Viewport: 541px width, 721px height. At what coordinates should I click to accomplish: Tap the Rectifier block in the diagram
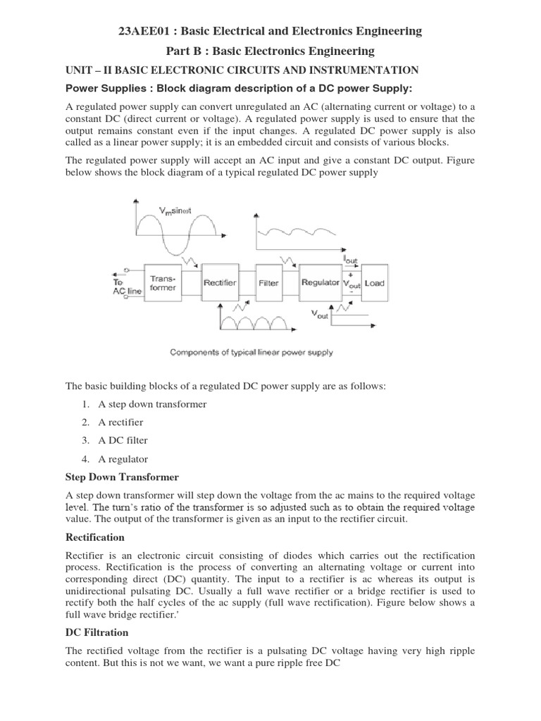coord(220,283)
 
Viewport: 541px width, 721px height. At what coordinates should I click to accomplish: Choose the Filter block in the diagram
coord(268,283)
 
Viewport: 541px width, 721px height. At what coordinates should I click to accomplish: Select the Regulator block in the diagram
coord(321,283)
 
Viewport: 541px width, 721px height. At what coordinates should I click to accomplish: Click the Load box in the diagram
coord(375,283)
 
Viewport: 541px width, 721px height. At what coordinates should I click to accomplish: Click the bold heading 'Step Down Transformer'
coord(122,477)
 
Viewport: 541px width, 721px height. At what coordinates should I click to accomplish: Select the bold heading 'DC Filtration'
coord(97,632)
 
